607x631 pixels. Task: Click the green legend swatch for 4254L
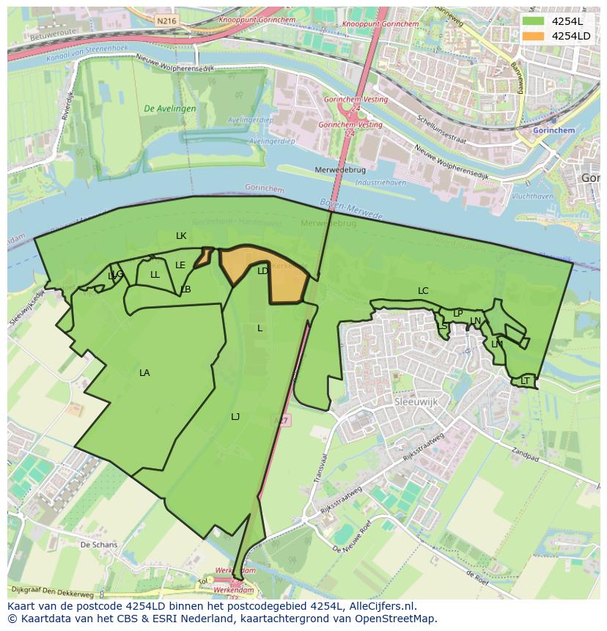pos(534,21)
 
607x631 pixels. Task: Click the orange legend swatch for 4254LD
pos(534,36)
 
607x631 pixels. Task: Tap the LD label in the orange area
pos(262,271)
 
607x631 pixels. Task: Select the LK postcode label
pos(181,236)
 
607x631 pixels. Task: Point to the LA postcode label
pos(144,373)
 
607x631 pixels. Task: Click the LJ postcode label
pos(235,417)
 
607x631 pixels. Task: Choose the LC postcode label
pos(423,291)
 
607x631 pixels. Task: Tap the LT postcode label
pos(525,381)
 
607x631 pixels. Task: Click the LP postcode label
pos(457,314)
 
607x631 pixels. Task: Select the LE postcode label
pos(180,265)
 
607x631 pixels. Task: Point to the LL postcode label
pos(155,276)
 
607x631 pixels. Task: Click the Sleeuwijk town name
pos(416,402)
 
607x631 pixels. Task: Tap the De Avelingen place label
pos(170,108)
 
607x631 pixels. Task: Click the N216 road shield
pos(166,21)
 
